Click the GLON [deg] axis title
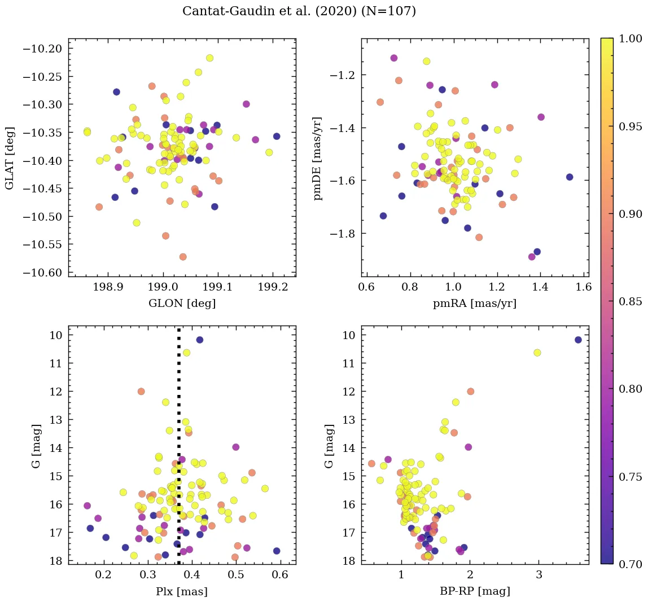pyautogui.click(x=182, y=304)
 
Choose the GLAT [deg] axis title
pyautogui.click(x=10, y=157)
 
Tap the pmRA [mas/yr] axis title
pyautogui.click(x=475, y=304)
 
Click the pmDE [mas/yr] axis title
pyautogui.click(x=318, y=157)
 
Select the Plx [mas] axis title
pyautogui.click(x=182, y=591)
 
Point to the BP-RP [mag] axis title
pyautogui.click(x=475, y=591)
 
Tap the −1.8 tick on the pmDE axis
pyautogui.click(x=345, y=234)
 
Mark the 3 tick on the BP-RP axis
pyautogui.click(x=539, y=576)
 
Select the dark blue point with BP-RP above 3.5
pyautogui.click(x=578, y=340)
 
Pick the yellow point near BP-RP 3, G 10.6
pyautogui.click(x=537, y=353)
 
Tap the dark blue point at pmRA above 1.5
pyautogui.click(x=570, y=177)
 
